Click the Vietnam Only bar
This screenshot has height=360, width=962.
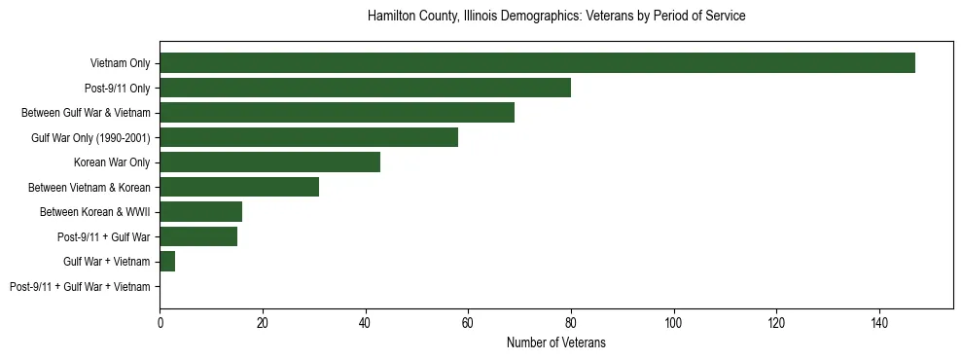point(537,62)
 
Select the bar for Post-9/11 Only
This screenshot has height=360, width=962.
point(365,88)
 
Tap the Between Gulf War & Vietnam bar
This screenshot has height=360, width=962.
point(337,112)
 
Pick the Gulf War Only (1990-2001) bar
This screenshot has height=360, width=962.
point(308,137)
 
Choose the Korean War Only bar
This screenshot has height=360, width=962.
point(269,162)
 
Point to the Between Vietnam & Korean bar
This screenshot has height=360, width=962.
point(239,187)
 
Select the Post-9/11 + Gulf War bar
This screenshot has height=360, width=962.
point(198,236)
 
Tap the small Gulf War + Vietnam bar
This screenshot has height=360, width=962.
point(167,262)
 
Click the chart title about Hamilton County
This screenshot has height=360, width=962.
point(556,17)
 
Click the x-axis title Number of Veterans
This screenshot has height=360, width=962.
point(556,342)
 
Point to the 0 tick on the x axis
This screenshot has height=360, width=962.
point(160,322)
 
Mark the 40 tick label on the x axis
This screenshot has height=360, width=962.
point(365,322)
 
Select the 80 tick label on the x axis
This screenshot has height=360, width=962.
point(571,322)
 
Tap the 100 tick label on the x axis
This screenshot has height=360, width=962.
point(673,322)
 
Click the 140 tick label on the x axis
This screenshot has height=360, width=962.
point(879,322)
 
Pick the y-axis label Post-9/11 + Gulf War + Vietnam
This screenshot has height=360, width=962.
point(80,287)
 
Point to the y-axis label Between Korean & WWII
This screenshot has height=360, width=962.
point(95,212)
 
